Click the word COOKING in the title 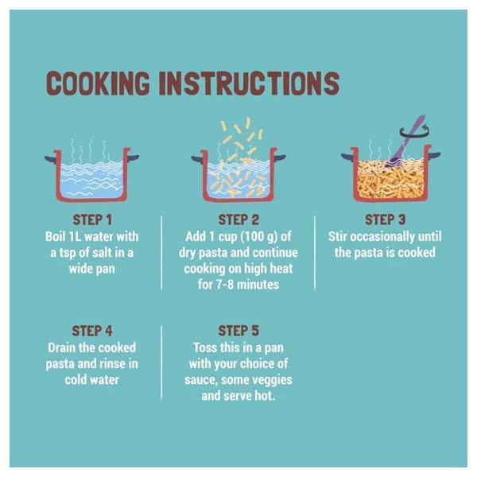[98, 83]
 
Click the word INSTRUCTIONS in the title [249, 83]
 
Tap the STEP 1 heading [92, 219]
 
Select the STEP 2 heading [238, 219]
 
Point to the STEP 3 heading [385, 219]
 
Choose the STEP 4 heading [92, 331]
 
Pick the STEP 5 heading [238, 331]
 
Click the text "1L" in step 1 [75, 237]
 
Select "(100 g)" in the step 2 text [259, 237]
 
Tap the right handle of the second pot [280, 158]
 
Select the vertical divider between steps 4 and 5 [161, 362]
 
